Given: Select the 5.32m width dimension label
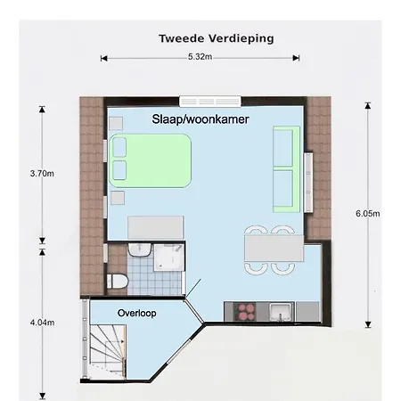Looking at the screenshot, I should (200, 57).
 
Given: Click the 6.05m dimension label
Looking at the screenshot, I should (367, 214).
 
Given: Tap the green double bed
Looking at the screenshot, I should (151, 160).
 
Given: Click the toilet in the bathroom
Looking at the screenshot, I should (116, 282).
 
